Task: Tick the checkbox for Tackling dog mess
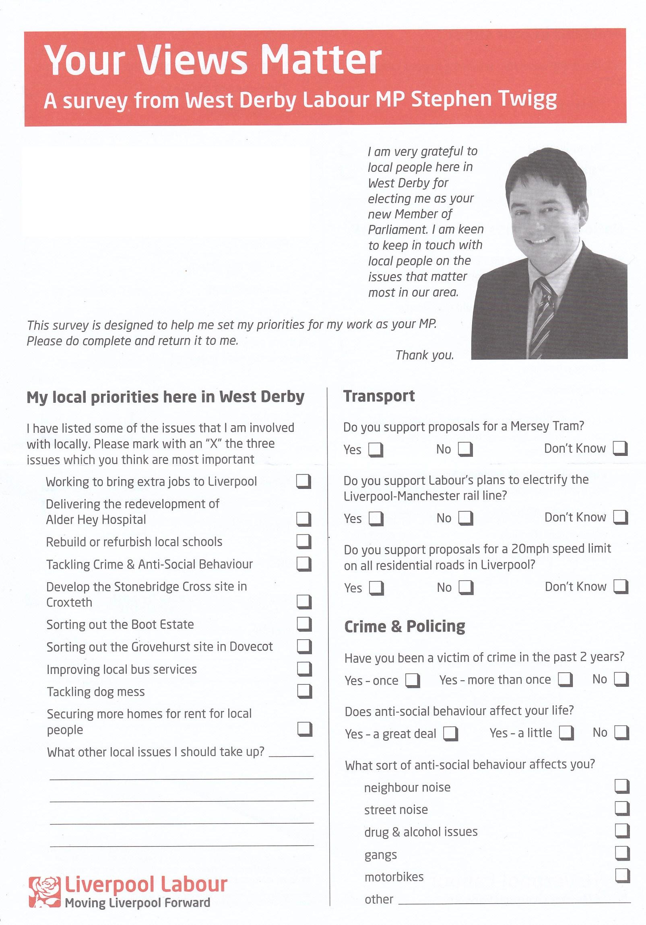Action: (304, 691)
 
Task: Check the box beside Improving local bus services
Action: (304, 669)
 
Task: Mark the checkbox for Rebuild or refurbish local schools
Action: (304, 542)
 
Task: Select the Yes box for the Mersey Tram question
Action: (376, 449)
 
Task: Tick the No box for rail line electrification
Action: (465, 518)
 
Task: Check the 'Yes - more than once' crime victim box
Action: (565, 680)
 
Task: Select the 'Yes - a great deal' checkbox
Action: (450, 733)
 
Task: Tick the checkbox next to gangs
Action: (622, 853)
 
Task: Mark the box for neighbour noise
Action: (622, 786)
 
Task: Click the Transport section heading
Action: (379, 396)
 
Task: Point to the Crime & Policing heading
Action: (405, 626)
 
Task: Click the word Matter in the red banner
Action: (320, 60)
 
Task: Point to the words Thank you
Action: (424, 355)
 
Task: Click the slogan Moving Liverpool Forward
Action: (137, 903)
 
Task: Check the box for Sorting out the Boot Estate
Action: (304, 624)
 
